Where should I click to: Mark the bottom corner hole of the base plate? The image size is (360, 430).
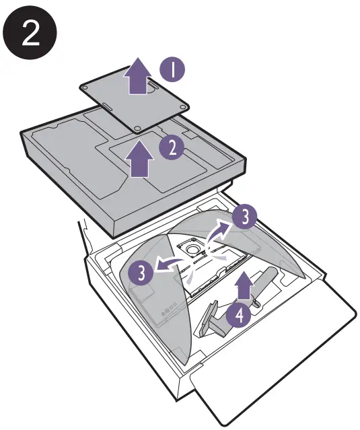click(x=137, y=126)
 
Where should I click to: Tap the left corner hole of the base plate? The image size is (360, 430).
click(x=85, y=88)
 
